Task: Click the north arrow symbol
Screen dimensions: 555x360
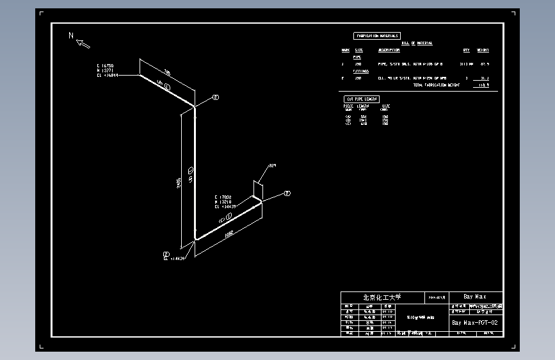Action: (x=83, y=44)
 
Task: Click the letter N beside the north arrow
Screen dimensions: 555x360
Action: (x=71, y=35)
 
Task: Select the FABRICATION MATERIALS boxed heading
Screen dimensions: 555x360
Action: (x=377, y=36)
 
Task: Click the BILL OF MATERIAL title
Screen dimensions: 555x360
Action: (x=417, y=43)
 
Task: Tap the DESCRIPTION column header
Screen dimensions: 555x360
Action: (x=389, y=50)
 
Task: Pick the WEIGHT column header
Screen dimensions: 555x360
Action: (x=483, y=50)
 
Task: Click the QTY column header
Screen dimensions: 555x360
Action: (x=466, y=50)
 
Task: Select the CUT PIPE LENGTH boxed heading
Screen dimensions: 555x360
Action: (x=362, y=99)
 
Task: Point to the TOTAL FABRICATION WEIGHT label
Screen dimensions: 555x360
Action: (x=436, y=85)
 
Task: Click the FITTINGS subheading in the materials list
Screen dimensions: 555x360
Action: (x=361, y=71)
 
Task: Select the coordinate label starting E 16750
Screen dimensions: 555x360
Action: (x=106, y=70)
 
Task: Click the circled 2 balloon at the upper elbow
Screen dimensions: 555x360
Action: (x=216, y=97)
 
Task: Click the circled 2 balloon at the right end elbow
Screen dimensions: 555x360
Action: (x=287, y=193)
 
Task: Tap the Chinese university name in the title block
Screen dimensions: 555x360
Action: (x=382, y=297)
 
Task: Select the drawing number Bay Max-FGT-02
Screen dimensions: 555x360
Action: (x=474, y=323)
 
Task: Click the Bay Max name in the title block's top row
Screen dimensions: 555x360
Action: (x=474, y=297)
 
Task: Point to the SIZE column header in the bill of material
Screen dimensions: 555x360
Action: (x=358, y=50)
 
